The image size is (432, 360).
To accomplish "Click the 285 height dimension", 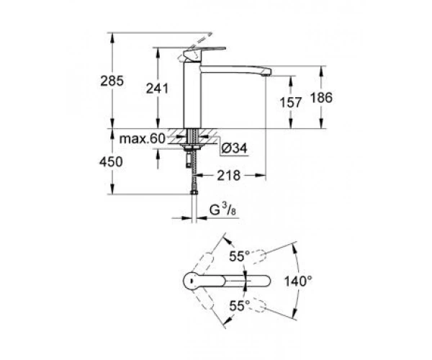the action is click(112, 81).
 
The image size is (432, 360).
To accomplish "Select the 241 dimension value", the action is click(157, 89).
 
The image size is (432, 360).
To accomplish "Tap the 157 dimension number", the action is click(291, 102).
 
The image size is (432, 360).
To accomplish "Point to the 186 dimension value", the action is click(321, 98).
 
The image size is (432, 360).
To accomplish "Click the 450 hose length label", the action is click(111, 162).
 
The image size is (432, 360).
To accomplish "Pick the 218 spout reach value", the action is click(229, 176).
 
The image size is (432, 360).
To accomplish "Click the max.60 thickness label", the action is click(142, 138).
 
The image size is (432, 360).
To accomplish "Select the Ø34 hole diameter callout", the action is click(234, 149).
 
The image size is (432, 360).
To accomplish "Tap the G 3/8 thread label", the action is click(223, 210).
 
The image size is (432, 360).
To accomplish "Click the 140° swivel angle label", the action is click(298, 282).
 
